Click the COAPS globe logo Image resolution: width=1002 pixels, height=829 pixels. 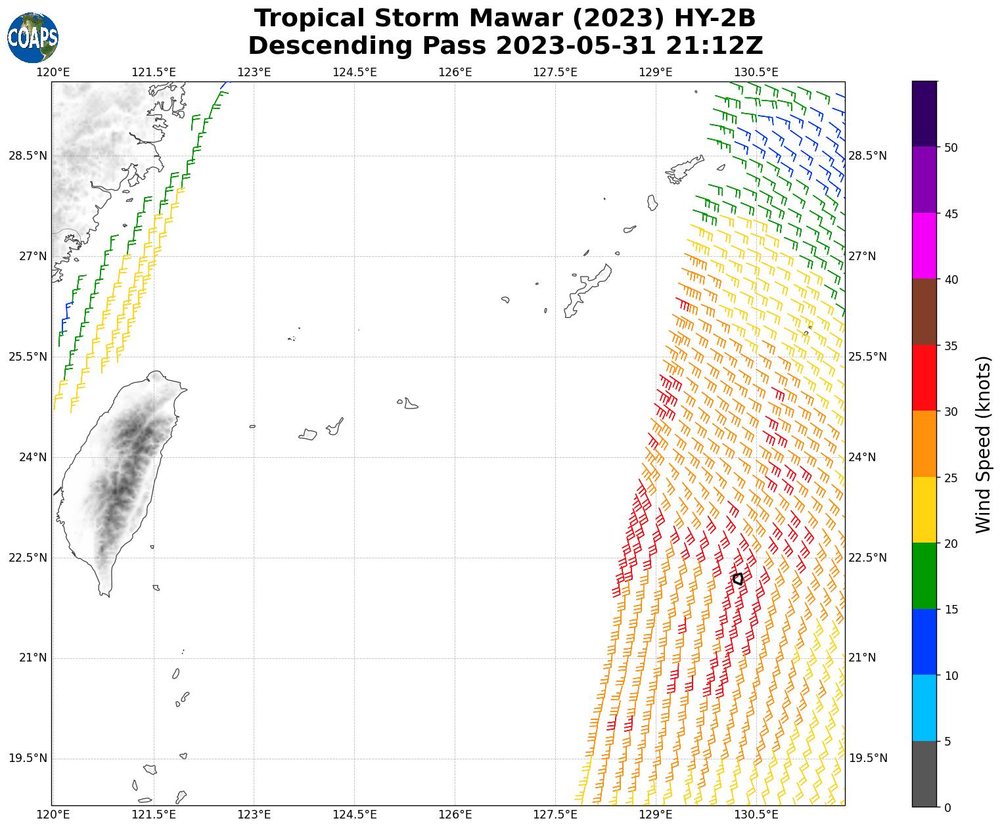(x=33, y=38)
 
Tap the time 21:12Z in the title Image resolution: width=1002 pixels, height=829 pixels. (x=714, y=46)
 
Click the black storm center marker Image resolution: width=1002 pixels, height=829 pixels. (x=737, y=579)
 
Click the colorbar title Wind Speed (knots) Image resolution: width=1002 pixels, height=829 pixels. (x=983, y=445)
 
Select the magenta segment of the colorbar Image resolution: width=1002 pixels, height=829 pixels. (x=924, y=246)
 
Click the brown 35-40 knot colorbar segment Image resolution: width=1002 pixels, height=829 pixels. (x=924, y=312)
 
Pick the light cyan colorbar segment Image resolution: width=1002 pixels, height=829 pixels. (x=924, y=708)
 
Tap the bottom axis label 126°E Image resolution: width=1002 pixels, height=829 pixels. (x=455, y=815)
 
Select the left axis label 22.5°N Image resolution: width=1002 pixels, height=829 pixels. (x=28, y=558)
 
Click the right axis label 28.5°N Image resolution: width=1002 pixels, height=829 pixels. (x=867, y=156)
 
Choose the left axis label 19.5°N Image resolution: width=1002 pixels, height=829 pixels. (x=28, y=759)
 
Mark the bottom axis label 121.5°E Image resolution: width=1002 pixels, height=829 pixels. (x=154, y=815)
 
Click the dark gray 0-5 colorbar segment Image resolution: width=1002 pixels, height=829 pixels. (x=924, y=774)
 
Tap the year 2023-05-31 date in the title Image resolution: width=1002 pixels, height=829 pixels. (x=576, y=46)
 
